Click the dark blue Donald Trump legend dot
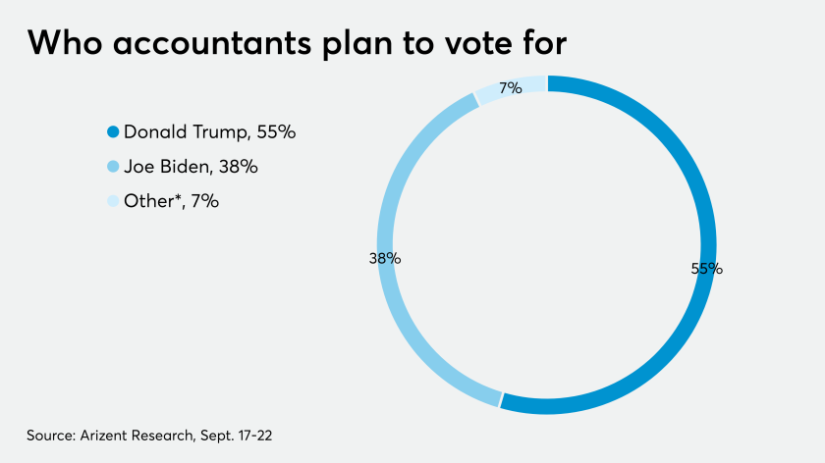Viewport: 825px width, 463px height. (113, 131)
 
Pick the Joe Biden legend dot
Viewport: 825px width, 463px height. (113, 167)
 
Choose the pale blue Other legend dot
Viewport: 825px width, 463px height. (113, 201)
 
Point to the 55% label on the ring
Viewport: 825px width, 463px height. (707, 268)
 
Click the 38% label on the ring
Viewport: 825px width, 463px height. (384, 259)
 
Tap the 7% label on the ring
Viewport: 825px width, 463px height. (510, 88)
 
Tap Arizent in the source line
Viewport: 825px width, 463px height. (107, 434)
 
